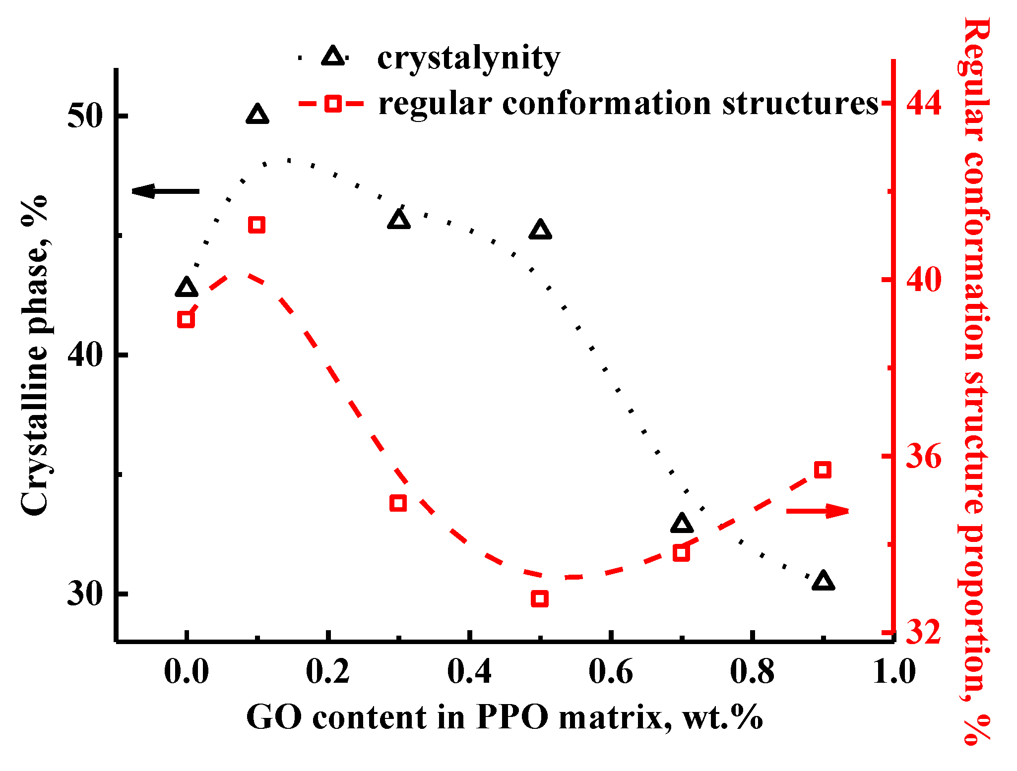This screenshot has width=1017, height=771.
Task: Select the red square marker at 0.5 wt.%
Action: (540, 598)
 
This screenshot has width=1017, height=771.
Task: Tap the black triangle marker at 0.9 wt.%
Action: (824, 581)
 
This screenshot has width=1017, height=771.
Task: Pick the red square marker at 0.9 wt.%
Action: (823, 470)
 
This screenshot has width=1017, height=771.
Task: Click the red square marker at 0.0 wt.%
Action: (186, 319)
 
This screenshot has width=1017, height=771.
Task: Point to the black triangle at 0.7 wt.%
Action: (682, 524)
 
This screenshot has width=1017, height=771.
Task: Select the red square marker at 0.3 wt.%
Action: (398, 503)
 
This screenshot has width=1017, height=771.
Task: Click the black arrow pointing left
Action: (165, 191)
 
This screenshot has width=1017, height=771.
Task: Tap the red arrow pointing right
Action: (818, 511)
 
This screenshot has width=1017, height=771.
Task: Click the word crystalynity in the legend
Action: (468, 59)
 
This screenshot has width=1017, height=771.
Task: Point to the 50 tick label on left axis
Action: (84, 116)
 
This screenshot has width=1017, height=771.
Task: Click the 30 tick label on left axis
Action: (84, 593)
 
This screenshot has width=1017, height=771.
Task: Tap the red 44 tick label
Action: (924, 103)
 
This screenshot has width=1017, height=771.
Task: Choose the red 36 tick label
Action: (924, 456)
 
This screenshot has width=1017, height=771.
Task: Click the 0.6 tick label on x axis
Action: (611, 672)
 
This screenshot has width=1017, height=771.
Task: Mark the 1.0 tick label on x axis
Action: (894, 672)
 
